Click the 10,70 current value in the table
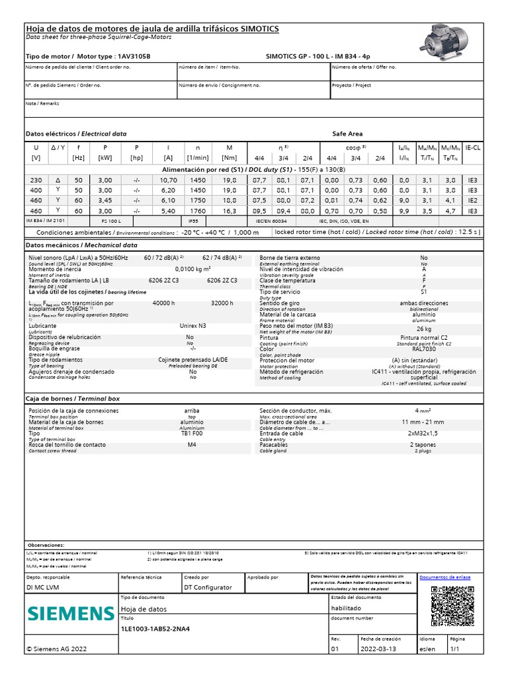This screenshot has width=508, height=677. coord(168,180)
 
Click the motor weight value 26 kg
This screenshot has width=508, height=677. coord(424,329)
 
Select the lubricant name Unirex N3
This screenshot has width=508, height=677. coord(192,326)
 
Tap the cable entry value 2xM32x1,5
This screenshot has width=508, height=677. coord(423,434)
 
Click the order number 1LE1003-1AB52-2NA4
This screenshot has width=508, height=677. coord(156,628)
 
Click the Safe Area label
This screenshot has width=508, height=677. coord(347,134)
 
